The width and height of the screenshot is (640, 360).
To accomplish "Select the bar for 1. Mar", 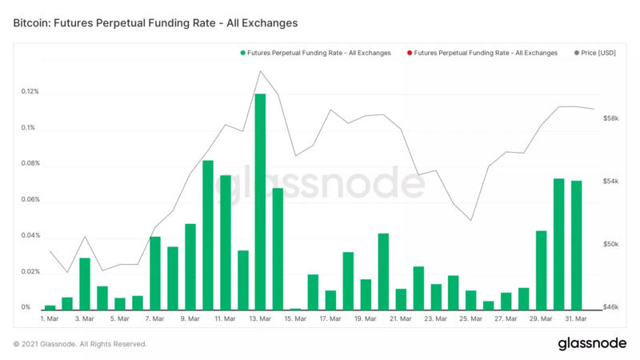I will [50, 307].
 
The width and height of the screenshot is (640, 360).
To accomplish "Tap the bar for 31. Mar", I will [576, 245].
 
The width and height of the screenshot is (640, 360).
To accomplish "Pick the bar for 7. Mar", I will [155, 273].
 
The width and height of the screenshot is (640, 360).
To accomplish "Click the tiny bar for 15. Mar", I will [295, 309].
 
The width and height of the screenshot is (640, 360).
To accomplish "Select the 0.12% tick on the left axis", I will [30, 92].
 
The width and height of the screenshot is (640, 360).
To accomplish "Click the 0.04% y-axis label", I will [30, 236].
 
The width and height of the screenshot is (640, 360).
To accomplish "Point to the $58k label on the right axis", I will [611, 118].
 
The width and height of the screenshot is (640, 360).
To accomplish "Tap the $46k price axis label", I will [611, 307].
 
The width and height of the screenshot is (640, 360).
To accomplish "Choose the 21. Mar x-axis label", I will [401, 319].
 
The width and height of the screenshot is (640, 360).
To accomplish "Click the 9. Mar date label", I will [190, 319].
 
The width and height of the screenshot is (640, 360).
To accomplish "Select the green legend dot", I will [242, 53].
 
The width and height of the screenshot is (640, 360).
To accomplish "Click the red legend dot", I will [409, 53].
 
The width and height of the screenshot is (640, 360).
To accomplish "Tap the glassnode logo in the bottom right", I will [591, 344].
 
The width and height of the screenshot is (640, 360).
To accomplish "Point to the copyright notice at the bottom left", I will [80, 344].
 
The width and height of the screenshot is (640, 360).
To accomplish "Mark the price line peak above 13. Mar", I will [261, 71].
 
